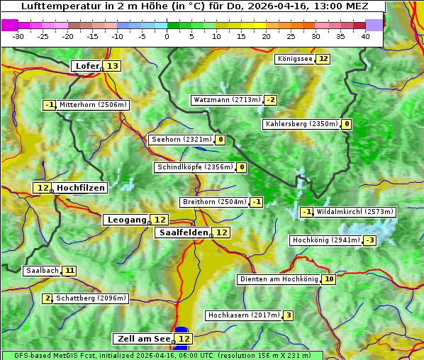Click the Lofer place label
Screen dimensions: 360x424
coord(87,66)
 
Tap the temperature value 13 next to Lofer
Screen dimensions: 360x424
coord(113,66)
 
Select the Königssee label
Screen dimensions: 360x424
coord(295,59)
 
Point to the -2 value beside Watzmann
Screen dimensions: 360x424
coord(271,100)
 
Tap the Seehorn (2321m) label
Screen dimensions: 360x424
coord(182,140)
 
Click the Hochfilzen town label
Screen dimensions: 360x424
coord(81,188)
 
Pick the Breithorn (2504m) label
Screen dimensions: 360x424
coord(213,202)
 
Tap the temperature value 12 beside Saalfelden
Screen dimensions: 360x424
coord(222,232)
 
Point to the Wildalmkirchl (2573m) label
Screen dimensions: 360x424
coord(355,211)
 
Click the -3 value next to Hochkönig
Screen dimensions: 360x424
coord(370,240)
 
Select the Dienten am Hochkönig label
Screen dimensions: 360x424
coord(278,279)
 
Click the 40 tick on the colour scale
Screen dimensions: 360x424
coord(365,36)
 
